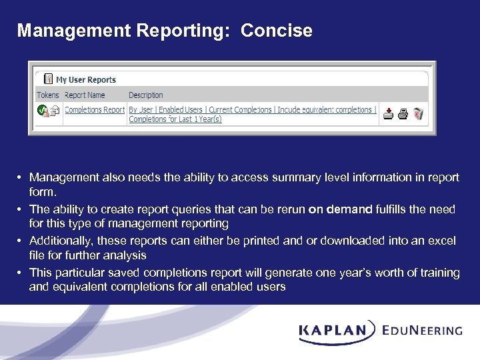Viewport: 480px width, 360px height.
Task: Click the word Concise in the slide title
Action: [x=276, y=31]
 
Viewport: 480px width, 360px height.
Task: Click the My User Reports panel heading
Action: [x=85, y=80]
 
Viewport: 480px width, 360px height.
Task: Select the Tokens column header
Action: [x=48, y=95]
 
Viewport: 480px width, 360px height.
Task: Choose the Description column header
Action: [x=145, y=95]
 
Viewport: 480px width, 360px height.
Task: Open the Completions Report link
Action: [x=94, y=110]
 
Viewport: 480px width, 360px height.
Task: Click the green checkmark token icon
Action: [x=42, y=111]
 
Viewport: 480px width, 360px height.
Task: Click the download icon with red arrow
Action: [x=389, y=114]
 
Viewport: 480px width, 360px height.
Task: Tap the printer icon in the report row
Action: [x=403, y=114]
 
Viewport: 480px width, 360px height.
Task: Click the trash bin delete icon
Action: [x=418, y=114]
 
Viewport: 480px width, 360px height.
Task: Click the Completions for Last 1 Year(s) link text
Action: [x=175, y=119]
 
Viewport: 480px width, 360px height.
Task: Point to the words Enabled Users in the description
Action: [x=180, y=110]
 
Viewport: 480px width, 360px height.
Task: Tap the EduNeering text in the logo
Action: [x=422, y=330]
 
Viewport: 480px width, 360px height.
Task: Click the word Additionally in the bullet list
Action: [x=59, y=241]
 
